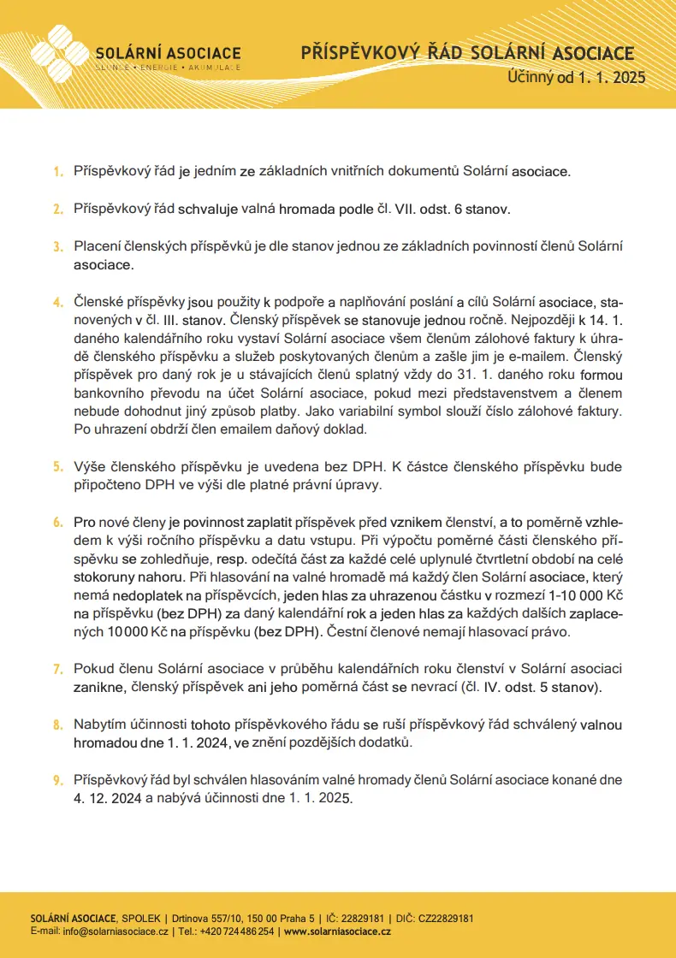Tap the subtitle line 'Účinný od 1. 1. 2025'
[576, 77]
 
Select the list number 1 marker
[58, 172]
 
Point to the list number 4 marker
[58, 303]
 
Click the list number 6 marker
[58, 522]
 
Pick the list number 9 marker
[58, 781]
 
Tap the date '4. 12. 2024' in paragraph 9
[108, 798]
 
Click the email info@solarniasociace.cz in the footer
[116, 931]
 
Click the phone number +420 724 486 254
[238, 931]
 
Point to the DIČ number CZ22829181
[446, 918]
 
